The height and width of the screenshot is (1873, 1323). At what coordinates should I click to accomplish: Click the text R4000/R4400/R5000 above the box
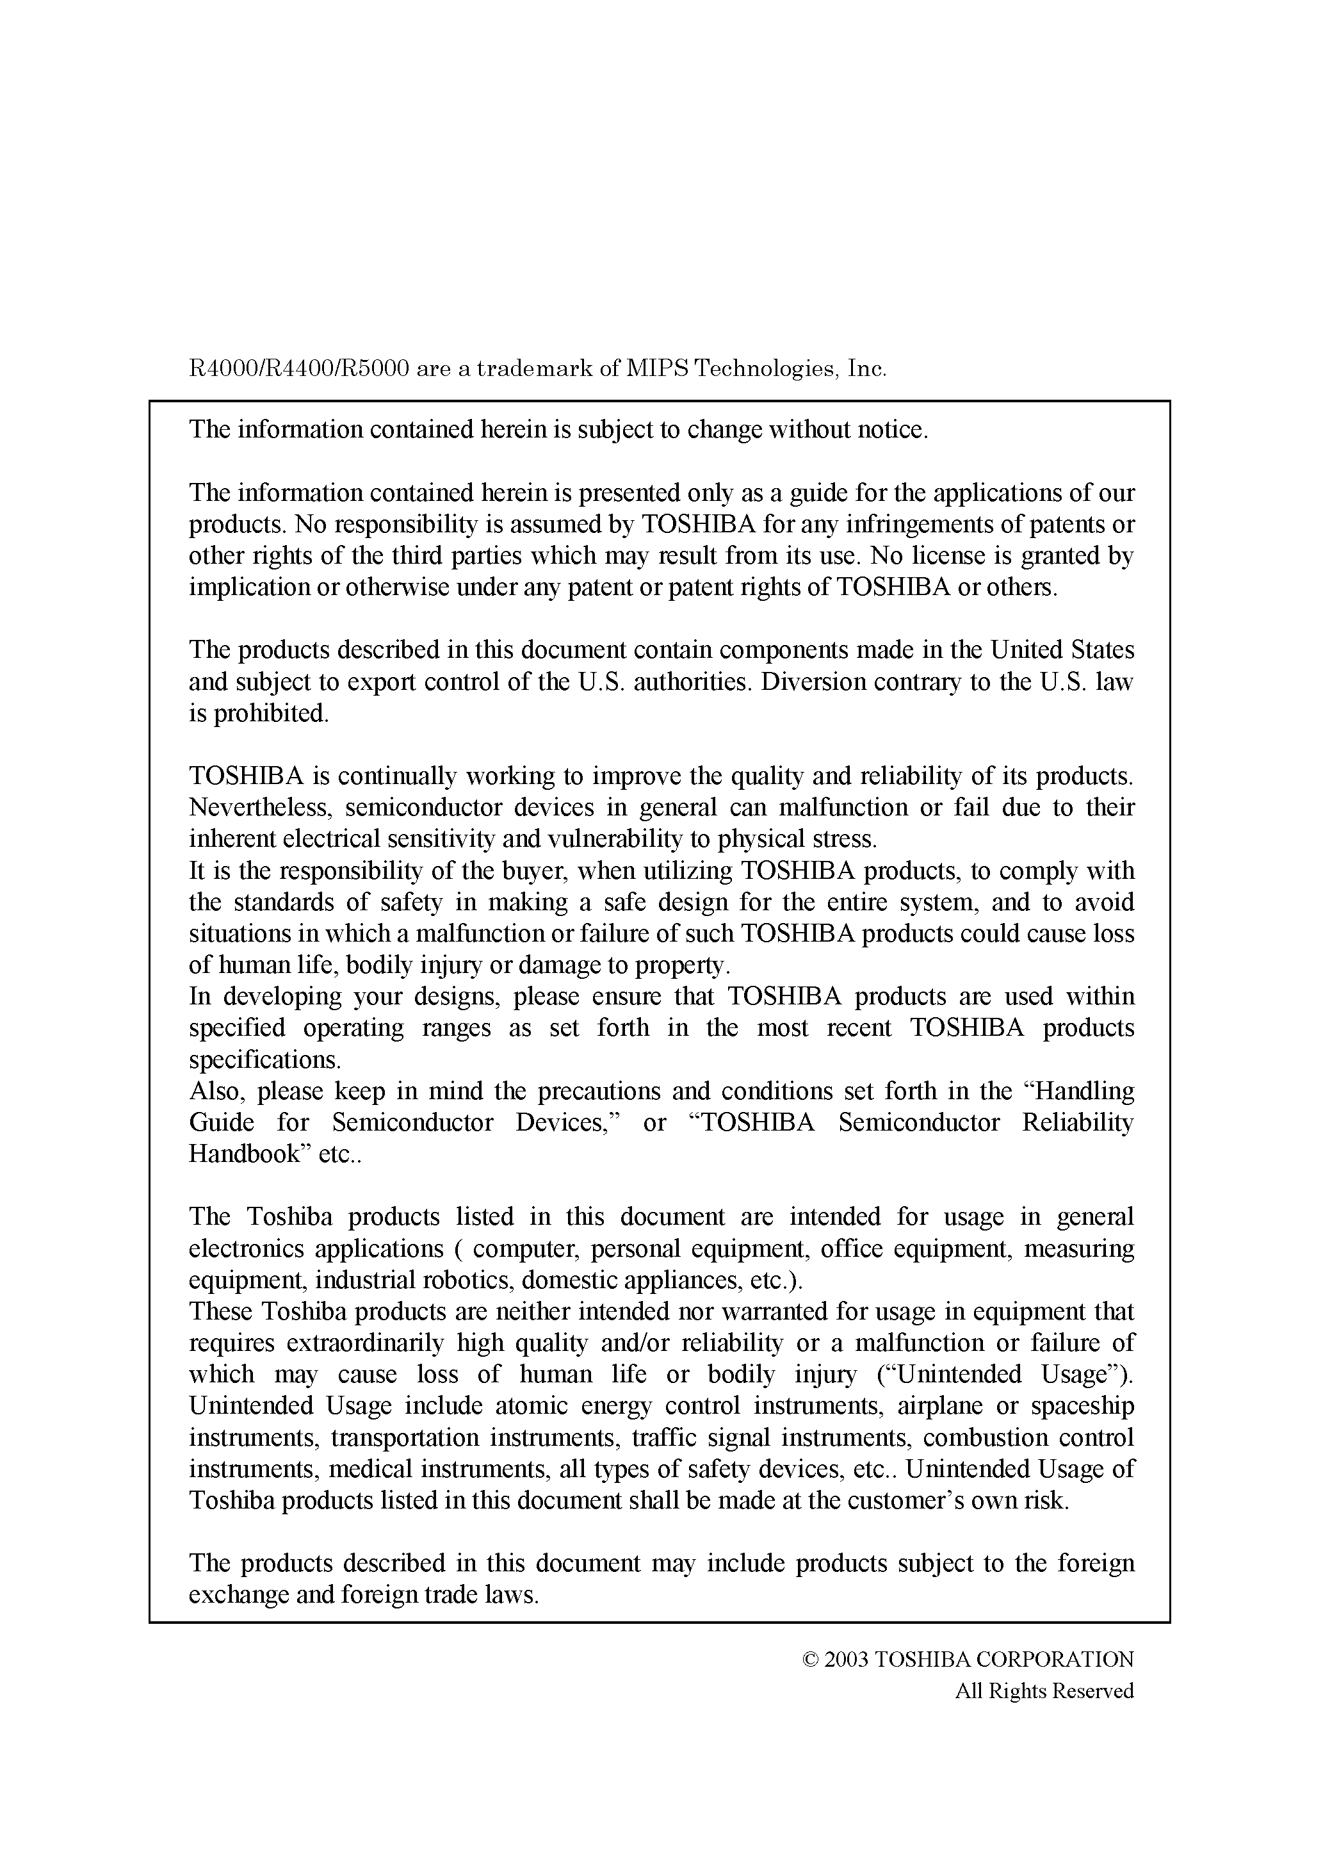point(298,370)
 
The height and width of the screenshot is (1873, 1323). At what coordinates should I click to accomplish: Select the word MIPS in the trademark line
point(658,370)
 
